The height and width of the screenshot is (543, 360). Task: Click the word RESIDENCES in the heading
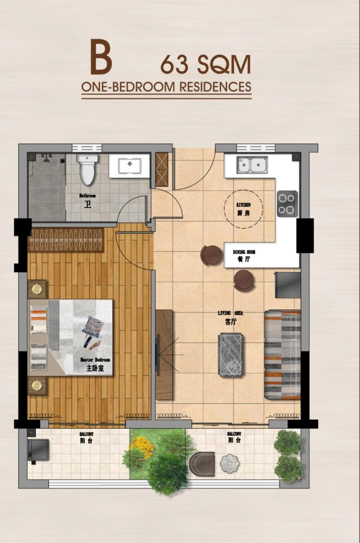pos(215,87)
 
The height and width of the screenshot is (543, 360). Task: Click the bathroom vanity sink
pos(130,166)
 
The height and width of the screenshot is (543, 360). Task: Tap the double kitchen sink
pos(252,165)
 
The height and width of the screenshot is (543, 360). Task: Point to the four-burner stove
pos(287,204)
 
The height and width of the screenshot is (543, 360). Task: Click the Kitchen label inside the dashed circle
pos(243,209)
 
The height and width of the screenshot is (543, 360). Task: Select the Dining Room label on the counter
pos(244,256)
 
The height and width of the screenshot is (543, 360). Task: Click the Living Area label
pos(230,318)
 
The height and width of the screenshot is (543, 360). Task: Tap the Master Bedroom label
pos(95,364)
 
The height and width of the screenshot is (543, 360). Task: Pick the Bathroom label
pos(87,201)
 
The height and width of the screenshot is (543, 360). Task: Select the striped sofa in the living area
pos(282,355)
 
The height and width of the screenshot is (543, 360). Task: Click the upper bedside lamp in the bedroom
pos(37,289)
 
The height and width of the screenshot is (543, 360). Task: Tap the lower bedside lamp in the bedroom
pos(37,385)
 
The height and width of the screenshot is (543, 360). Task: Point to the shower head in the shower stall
pos(45,158)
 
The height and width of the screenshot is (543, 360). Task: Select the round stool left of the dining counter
pos(211,255)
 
